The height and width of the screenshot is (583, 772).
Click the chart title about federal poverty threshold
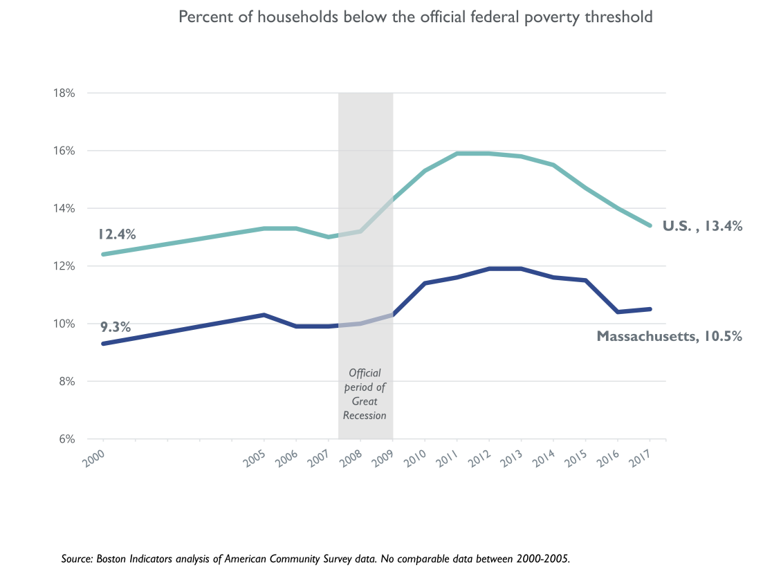click(x=415, y=17)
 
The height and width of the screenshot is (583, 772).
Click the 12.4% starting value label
click(x=117, y=234)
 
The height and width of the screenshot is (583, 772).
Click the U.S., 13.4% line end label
click(x=702, y=225)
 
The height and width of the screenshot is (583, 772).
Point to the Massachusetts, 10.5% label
click(x=669, y=337)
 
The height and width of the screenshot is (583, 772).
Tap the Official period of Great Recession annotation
click(x=365, y=394)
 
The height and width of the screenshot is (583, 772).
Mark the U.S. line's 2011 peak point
click(x=457, y=154)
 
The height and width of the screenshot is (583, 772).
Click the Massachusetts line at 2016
click(x=618, y=312)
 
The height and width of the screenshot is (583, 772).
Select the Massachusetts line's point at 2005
click(x=264, y=315)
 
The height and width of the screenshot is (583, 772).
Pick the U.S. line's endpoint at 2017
click(x=650, y=225)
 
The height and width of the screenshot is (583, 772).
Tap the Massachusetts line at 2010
click(x=425, y=283)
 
